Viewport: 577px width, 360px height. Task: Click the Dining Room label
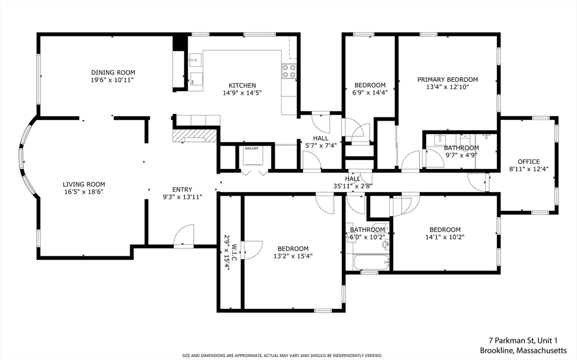pos(113,73)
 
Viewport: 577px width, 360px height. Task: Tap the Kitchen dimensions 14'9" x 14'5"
pos(242,93)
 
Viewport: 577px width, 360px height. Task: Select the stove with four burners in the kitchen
pos(288,71)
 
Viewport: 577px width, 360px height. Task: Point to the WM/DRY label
pos(251,149)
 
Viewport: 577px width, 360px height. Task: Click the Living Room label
pos(83,184)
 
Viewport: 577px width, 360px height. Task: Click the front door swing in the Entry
pos(184,237)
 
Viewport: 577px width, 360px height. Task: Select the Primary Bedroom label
pos(447,80)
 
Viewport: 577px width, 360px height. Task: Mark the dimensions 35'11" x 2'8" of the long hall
pos(353,186)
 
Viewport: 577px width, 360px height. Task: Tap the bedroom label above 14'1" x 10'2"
pos(445,229)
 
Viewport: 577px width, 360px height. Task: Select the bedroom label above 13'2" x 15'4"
pos(293,248)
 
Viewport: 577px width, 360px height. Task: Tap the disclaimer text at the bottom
pos(281,355)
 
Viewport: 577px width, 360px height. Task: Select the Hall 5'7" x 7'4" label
pos(321,138)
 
